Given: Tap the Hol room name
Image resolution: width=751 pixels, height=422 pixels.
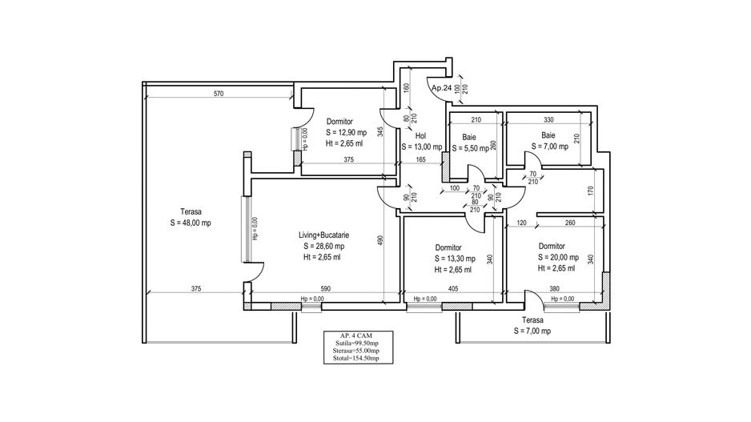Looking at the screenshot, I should pyautogui.click(x=420, y=136).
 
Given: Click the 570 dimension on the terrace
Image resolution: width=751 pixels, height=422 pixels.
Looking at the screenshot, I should pyautogui.click(x=219, y=94).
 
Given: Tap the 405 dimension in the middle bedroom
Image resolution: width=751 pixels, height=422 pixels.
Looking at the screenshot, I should pyautogui.click(x=453, y=288).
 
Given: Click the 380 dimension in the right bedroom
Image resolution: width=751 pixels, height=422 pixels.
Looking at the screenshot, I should pyautogui.click(x=554, y=288).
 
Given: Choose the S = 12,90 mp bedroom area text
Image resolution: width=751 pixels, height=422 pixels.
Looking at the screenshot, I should pyautogui.click(x=345, y=132).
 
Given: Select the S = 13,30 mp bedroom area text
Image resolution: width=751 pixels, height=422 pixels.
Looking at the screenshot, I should pyautogui.click(x=454, y=259).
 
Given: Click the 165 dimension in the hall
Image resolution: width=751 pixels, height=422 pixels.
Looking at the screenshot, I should pyautogui.click(x=420, y=159).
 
